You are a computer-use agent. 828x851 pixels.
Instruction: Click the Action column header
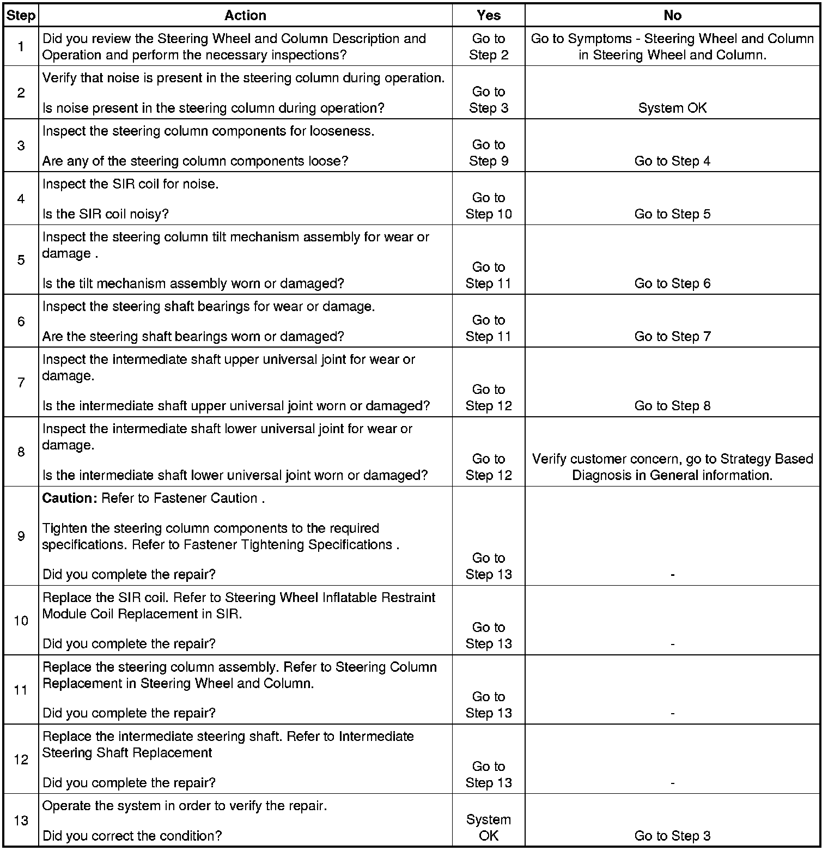(245, 15)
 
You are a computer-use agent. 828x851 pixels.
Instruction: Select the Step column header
(21, 15)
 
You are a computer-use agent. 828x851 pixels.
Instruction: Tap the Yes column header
(488, 15)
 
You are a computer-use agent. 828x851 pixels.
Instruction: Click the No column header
(672, 15)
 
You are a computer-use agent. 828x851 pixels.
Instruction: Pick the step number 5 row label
(21, 260)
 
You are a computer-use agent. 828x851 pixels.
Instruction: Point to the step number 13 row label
(21, 820)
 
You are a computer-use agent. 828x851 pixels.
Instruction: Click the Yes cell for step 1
(488, 47)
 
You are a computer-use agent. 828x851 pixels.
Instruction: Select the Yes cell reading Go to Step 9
(488, 153)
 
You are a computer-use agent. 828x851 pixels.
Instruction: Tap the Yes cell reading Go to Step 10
(488, 206)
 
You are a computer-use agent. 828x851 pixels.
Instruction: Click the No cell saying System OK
(672, 108)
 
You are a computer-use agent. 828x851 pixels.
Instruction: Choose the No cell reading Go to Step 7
(672, 337)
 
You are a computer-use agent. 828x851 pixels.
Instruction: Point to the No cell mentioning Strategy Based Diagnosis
(672, 467)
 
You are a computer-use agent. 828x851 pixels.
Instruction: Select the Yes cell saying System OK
(488, 828)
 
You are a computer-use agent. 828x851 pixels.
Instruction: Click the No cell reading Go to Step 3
(672, 836)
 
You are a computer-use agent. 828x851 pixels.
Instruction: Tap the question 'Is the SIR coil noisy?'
(106, 214)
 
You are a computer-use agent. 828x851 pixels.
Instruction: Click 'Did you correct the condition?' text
(132, 836)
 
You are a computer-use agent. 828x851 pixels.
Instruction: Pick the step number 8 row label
(21, 452)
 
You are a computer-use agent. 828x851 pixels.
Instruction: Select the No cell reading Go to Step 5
(672, 214)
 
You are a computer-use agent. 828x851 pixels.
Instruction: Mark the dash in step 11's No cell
(673, 713)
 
